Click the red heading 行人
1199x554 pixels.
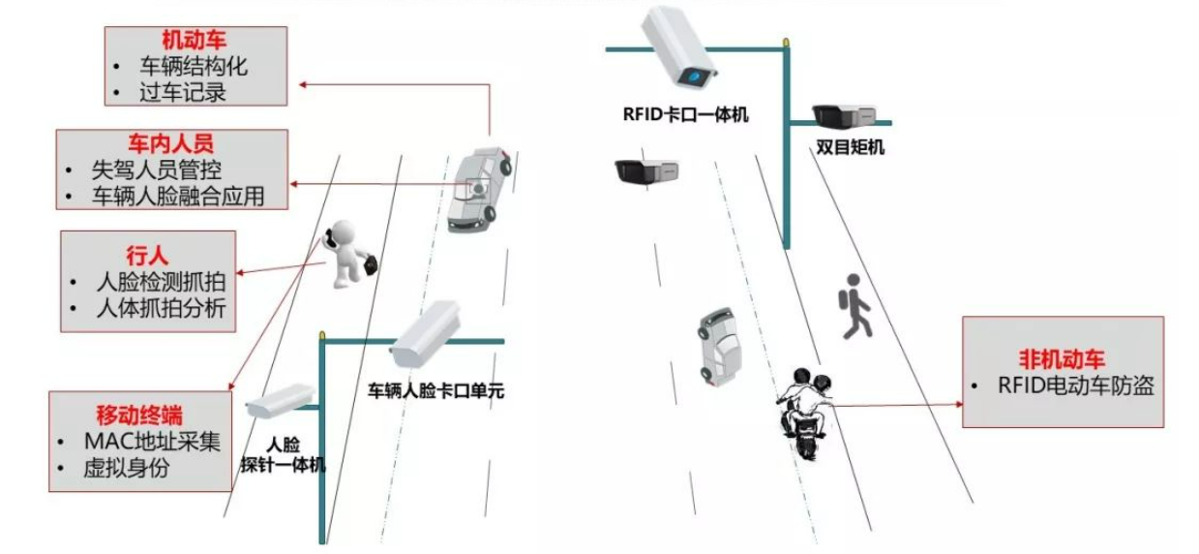coord(147,256)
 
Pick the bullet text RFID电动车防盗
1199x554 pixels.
coord(1075,385)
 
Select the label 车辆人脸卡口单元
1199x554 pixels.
coord(436,392)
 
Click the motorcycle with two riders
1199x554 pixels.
coord(802,407)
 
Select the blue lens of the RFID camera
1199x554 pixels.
coord(692,76)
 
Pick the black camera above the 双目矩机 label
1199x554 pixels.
coord(844,115)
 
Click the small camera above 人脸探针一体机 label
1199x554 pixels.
coord(281,400)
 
